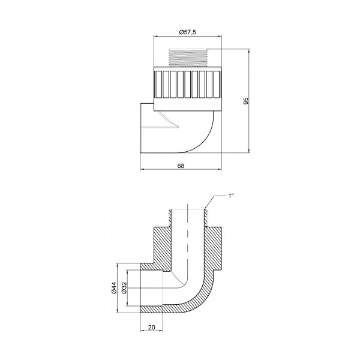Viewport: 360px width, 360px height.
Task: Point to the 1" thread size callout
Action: point(232,196)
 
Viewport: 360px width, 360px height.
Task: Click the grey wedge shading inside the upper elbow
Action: point(168,122)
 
